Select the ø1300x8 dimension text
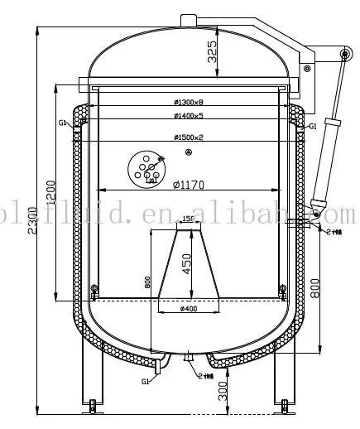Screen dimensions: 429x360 tap(189, 103)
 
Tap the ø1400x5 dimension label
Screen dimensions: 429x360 tap(189, 117)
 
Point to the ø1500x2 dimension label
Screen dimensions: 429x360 tap(189, 137)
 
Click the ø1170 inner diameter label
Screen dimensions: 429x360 tap(189, 183)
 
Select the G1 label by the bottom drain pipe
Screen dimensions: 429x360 tap(145, 382)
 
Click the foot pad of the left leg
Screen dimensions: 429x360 tap(93, 405)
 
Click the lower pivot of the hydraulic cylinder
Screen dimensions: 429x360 tap(315, 214)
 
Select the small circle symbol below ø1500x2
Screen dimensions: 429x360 tap(190, 152)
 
